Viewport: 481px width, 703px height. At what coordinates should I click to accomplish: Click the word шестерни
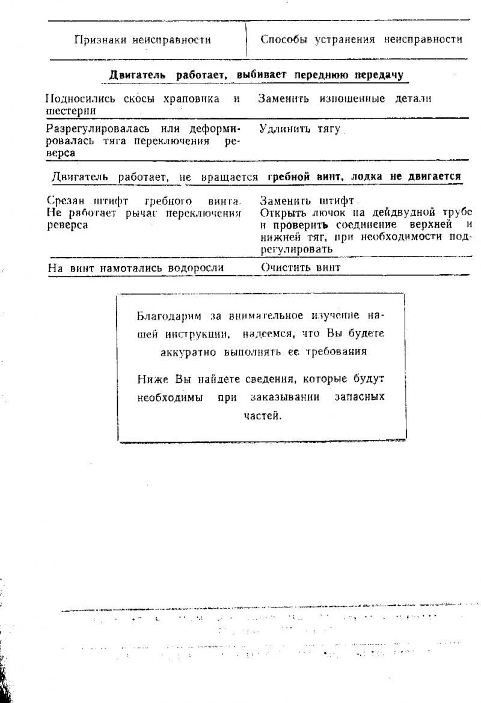(x=71, y=111)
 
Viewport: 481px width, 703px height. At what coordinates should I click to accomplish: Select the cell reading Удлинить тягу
(x=299, y=129)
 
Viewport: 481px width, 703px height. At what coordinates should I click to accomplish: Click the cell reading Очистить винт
(x=300, y=268)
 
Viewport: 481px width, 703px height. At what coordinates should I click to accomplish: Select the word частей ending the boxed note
(x=262, y=415)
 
